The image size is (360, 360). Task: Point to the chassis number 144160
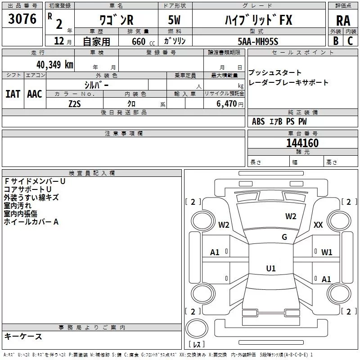coord(302,143)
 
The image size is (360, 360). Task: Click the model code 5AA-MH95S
coord(258,41)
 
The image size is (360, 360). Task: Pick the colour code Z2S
coord(75,103)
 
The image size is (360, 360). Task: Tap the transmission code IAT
coord(13,94)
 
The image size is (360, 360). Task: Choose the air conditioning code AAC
coord(34,94)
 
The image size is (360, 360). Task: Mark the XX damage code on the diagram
coord(318,225)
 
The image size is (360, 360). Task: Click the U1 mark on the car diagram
coord(270,269)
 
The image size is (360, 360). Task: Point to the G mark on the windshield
coord(284,237)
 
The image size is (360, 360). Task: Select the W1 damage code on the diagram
coord(327,252)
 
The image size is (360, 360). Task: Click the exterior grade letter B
coord(336,41)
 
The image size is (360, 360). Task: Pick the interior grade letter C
coord(351,41)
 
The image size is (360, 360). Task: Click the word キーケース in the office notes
coord(23,337)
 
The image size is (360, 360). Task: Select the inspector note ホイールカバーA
coord(31,222)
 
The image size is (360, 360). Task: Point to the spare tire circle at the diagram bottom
coord(197,327)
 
